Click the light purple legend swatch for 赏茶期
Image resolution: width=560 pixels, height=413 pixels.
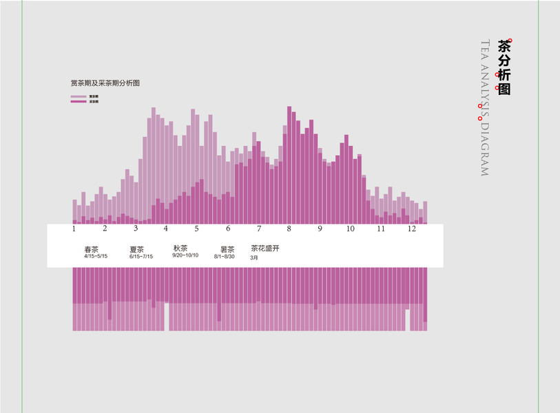[79, 96]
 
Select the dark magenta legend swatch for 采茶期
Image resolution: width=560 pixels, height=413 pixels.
[79, 101]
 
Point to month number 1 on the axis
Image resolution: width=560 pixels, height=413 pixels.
[74, 229]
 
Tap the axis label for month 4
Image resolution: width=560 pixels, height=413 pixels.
[166, 229]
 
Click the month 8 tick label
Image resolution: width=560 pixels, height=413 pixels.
[289, 229]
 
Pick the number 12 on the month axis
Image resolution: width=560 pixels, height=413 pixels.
[411, 229]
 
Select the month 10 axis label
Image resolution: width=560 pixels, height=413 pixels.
[351, 229]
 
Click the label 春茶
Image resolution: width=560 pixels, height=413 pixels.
[92, 249]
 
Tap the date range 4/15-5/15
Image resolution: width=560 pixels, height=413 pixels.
[96, 257]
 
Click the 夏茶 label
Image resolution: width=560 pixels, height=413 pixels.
[136, 249]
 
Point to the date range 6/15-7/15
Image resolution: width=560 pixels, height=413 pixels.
[141, 257]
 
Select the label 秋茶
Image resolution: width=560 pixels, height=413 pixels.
[180, 248]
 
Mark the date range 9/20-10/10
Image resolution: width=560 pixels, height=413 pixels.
[185, 255]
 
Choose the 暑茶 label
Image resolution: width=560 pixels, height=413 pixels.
[227, 249]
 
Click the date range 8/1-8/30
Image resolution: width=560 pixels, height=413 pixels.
[225, 257]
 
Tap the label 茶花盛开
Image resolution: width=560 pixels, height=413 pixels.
[265, 248]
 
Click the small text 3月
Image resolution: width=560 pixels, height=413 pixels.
[253, 257]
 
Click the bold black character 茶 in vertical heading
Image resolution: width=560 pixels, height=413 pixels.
[504, 46]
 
